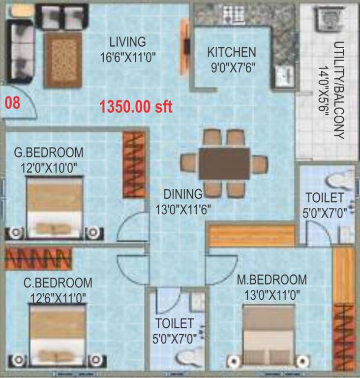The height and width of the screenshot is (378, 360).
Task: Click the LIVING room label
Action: pos(127,41)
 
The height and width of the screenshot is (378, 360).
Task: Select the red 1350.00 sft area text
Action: pos(136,106)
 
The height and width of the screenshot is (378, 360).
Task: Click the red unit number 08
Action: pos(13,103)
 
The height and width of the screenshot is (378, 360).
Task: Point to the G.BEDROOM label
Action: pos(48,152)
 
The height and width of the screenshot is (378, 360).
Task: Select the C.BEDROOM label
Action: pos(58,283)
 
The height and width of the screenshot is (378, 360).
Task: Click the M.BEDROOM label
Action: pos(271,280)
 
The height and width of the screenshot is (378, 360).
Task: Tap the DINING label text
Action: pos(183,194)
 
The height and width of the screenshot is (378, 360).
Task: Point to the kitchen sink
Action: pos(284,75)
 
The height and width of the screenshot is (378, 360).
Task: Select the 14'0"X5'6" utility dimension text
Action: pos(323,91)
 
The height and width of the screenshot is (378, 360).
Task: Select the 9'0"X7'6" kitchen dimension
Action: pos(231,66)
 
